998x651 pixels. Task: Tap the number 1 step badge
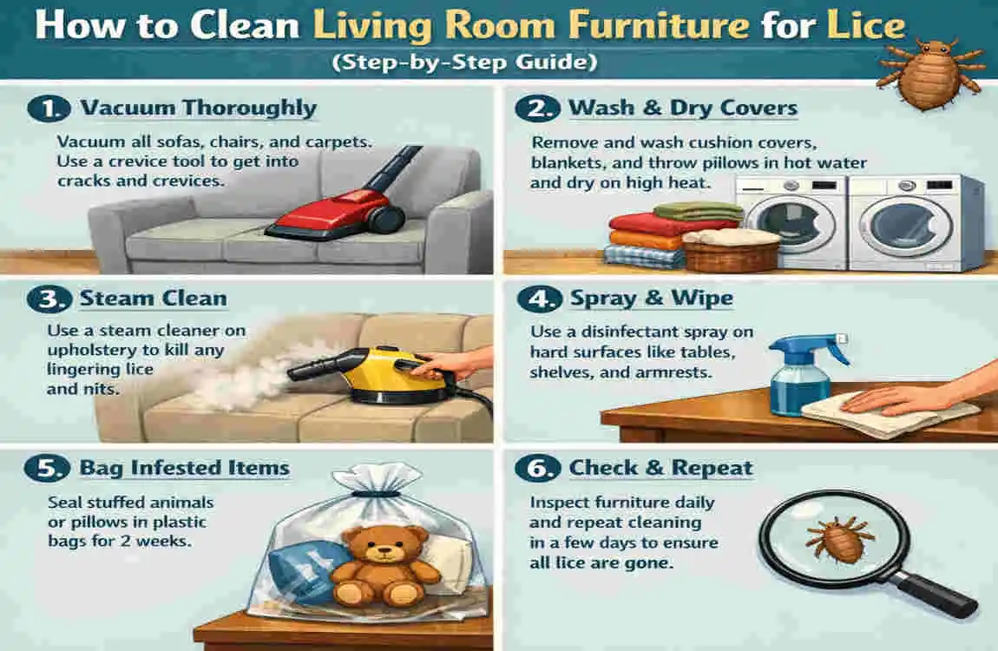pyautogui.click(x=49, y=108)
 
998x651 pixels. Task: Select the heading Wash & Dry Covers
pyautogui.click(x=682, y=108)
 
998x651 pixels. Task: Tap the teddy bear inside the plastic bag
pyautogui.click(x=385, y=566)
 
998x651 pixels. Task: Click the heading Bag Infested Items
pyautogui.click(x=185, y=468)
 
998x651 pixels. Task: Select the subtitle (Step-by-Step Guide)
pyautogui.click(x=464, y=62)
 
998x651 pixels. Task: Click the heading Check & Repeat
pyautogui.click(x=660, y=468)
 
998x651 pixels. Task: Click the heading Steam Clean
pyautogui.click(x=153, y=299)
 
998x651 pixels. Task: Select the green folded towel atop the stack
pyautogui.click(x=698, y=212)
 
